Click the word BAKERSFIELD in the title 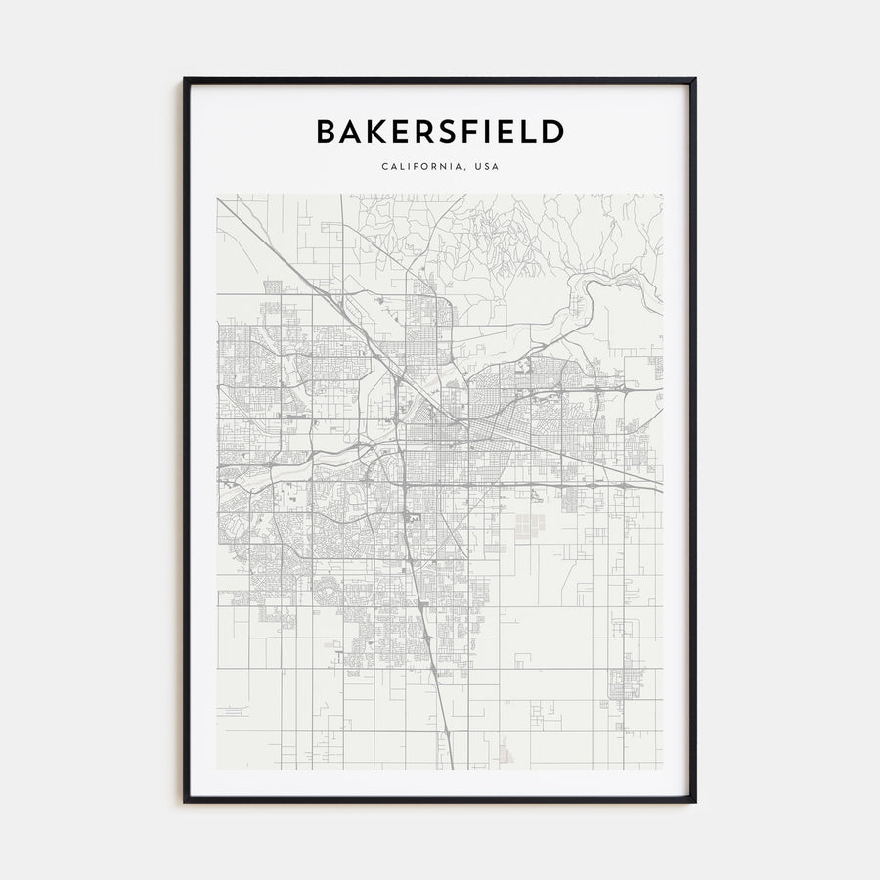pos(440,132)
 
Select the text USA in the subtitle pos(486,167)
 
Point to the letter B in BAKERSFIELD pos(325,132)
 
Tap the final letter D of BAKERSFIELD pos(553,132)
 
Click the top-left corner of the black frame pos(185,79)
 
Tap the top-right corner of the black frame pos(695,79)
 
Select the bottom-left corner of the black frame pos(185,801)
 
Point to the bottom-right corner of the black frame pos(695,801)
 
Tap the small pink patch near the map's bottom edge pos(505,751)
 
